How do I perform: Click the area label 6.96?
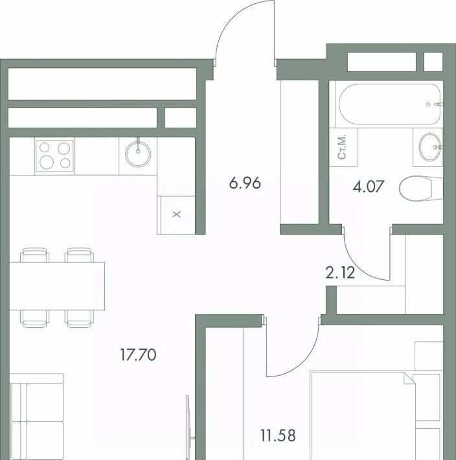(x=245, y=183)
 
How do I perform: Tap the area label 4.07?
(x=369, y=187)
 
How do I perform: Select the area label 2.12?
(x=340, y=273)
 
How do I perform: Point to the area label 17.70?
(x=138, y=354)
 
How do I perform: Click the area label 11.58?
(x=278, y=435)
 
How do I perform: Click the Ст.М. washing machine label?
(x=342, y=147)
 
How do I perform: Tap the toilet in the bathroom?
(x=421, y=188)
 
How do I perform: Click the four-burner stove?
(x=55, y=156)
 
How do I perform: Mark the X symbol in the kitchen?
(x=177, y=214)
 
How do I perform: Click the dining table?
(x=57, y=286)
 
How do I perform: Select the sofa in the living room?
(x=37, y=417)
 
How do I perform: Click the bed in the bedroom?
(x=376, y=416)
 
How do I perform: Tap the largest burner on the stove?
(x=47, y=162)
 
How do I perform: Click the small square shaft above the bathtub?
(x=433, y=62)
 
